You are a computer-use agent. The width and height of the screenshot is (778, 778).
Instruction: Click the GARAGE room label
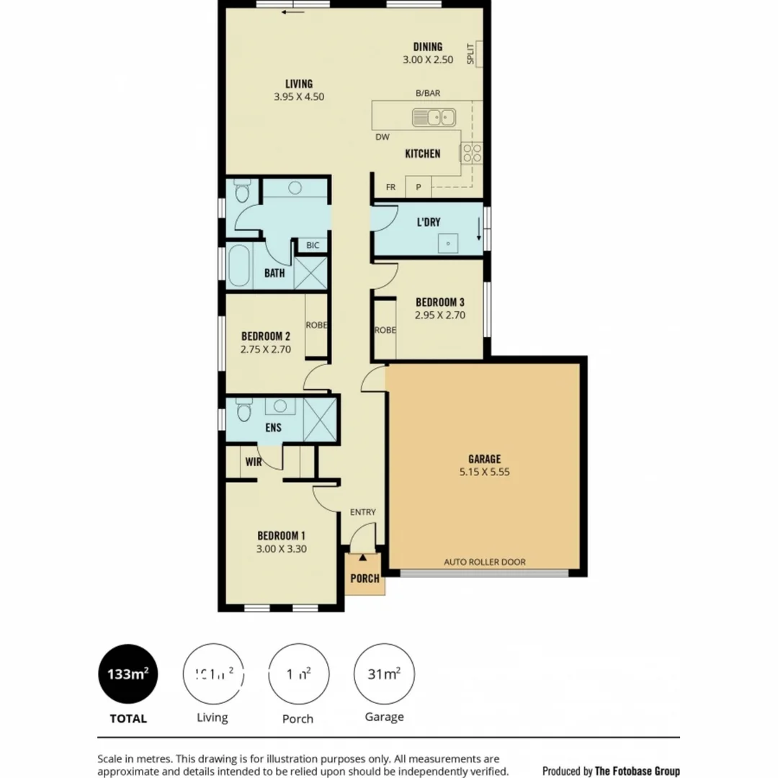click(x=484, y=459)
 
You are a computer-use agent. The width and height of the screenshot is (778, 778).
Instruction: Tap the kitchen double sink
click(x=434, y=116)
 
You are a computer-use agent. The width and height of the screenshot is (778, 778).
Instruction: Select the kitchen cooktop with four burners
click(x=472, y=152)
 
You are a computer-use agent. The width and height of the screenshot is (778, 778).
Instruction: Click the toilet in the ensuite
click(x=243, y=412)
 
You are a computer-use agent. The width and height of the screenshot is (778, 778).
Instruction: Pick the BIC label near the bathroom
click(x=312, y=246)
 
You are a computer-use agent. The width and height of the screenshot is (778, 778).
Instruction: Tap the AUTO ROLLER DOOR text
click(x=484, y=562)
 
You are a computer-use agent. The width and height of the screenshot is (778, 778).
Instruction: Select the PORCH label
click(x=365, y=578)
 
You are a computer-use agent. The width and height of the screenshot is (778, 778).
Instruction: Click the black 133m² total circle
click(x=128, y=674)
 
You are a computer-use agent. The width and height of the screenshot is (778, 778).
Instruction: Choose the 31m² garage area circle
click(x=384, y=674)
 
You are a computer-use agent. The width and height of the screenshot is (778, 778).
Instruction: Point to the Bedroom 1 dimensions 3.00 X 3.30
click(x=282, y=548)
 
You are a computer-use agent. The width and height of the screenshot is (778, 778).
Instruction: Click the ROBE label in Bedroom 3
click(x=385, y=331)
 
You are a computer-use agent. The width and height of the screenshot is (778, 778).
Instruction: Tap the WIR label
click(x=253, y=462)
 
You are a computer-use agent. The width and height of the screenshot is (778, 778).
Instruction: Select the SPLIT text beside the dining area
click(x=470, y=54)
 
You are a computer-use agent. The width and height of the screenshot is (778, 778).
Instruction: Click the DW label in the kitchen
click(x=382, y=138)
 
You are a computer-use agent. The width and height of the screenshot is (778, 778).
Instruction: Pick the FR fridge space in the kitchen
click(x=390, y=187)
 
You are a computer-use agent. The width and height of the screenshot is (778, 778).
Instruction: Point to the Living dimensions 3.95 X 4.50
click(x=299, y=96)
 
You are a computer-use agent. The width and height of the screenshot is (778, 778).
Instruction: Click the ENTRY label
click(x=362, y=512)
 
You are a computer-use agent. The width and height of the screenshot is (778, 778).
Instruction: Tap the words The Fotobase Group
click(x=637, y=771)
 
